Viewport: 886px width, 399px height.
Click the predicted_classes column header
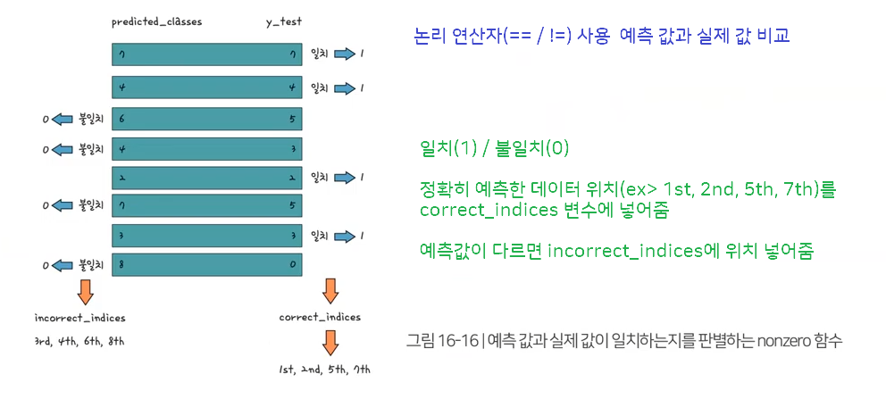tap(157, 22)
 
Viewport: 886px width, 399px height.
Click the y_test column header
tap(284, 23)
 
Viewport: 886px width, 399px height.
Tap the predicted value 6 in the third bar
tap(121, 119)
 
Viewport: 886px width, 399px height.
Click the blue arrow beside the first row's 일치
tap(343, 54)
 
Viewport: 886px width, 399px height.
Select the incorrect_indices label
tap(79, 318)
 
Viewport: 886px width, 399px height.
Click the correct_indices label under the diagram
tap(320, 317)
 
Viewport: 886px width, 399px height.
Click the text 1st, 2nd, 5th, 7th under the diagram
tap(324, 370)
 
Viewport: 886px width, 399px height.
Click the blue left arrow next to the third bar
tap(63, 119)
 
